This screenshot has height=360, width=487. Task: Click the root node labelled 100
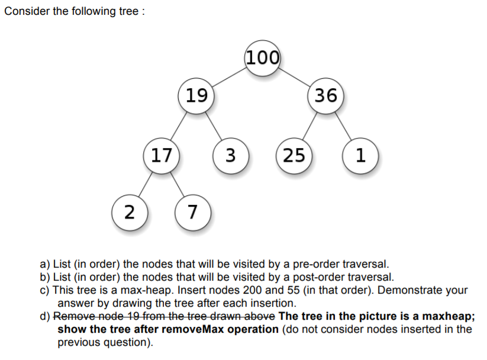pyautogui.click(x=262, y=57)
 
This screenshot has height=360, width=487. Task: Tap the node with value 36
pyautogui.click(x=326, y=95)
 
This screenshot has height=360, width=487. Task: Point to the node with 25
pyautogui.click(x=294, y=156)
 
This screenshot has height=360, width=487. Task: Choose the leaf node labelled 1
pyautogui.click(x=360, y=156)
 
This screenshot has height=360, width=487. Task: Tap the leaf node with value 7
pyautogui.click(x=193, y=210)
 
